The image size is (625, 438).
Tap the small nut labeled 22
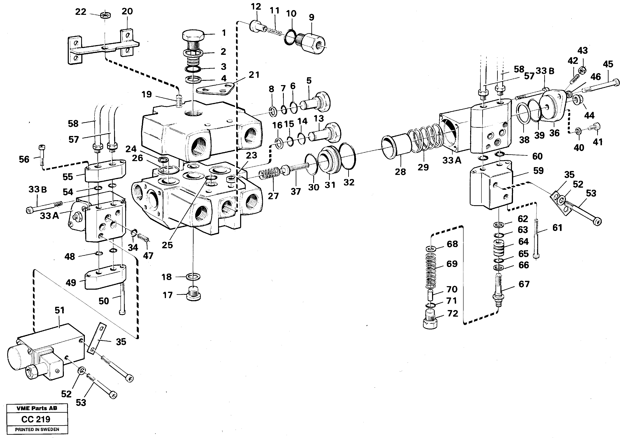pyautogui.click(x=105, y=15)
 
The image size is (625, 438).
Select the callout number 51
pyautogui.click(x=59, y=310)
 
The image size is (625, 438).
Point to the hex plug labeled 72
pyautogui.click(x=430, y=321)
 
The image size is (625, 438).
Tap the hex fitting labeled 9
pyautogui.click(x=313, y=43)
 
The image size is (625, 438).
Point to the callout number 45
pyautogui.click(x=608, y=64)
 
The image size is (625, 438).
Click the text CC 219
pyautogui.click(x=36, y=419)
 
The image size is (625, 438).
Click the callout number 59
pyautogui.click(x=538, y=171)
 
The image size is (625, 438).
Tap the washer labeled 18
pyautogui.click(x=194, y=277)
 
